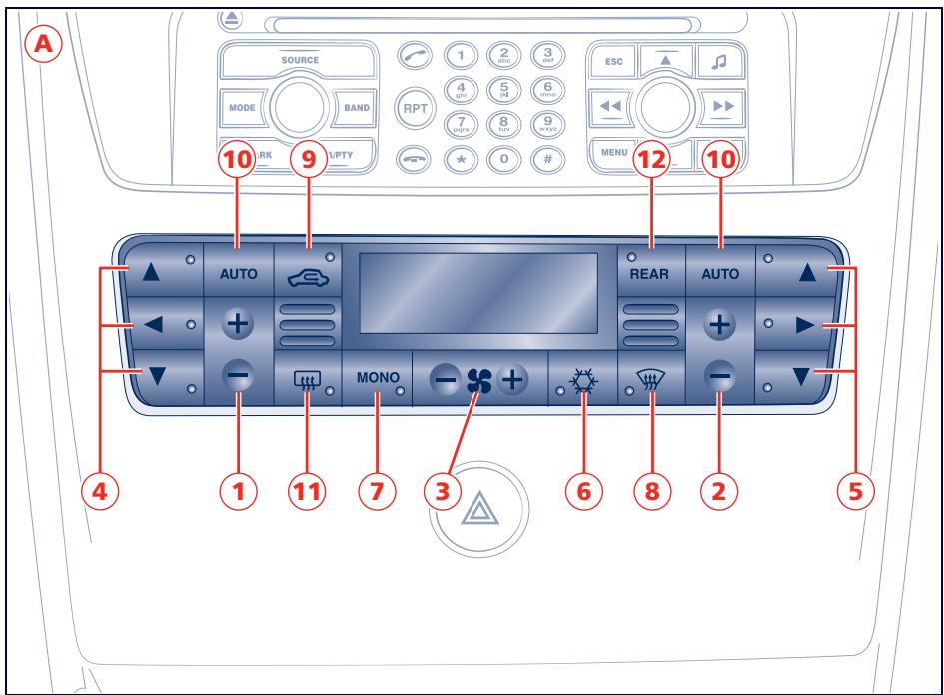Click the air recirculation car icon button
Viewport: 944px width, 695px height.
click(307, 271)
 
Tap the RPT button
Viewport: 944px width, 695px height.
click(412, 106)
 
